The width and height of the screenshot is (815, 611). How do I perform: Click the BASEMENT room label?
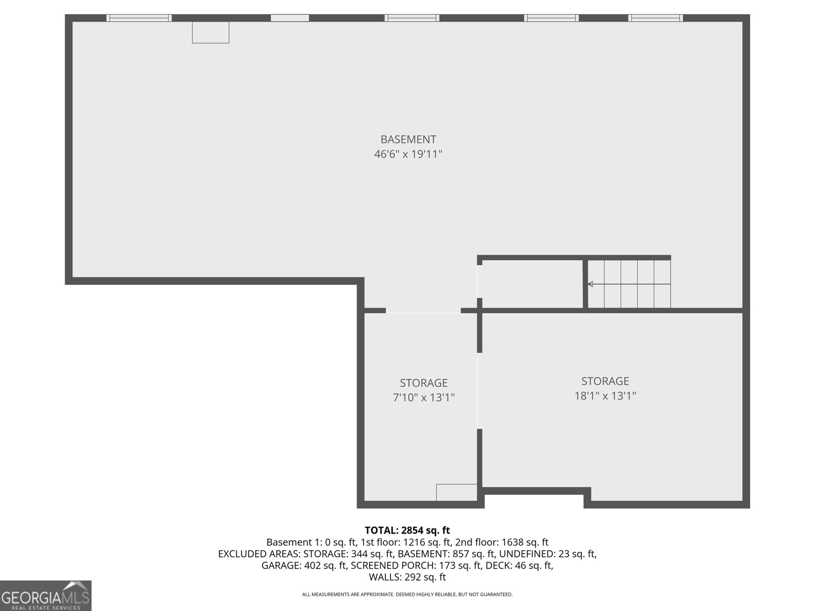click(x=408, y=139)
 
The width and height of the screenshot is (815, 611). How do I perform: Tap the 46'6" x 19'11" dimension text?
click(x=408, y=154)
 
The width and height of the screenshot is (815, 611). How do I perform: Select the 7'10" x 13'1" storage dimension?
click(x=423, y=398)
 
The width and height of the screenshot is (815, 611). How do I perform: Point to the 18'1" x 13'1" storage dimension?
click(x=605, y=396)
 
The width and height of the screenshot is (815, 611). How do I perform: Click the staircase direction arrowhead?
click(x=590, y=284)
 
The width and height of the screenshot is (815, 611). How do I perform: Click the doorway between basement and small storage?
click(x=423, y=310)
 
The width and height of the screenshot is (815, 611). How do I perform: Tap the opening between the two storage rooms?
click(x=479, y=391)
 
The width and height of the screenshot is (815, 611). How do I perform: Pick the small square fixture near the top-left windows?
click(x=210, y=32)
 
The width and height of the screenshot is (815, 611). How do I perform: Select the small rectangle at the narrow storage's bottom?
click(x=456, y=492)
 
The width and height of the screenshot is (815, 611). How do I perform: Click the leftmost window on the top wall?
click(x=139, y=18)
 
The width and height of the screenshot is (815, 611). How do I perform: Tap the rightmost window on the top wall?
click(x=655, y=18)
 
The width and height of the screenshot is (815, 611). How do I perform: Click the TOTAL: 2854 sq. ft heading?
click(x=407, y=531)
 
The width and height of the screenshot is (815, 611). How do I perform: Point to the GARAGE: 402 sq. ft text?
click(x=304, y=565)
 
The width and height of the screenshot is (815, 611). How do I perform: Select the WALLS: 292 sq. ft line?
click(x=407, y=577)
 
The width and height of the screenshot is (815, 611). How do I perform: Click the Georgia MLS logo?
click(x=46, y=596)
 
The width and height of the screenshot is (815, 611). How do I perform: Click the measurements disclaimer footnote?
click(x=407, y=594)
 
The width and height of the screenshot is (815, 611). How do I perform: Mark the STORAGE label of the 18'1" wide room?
click(x=605, y=381)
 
